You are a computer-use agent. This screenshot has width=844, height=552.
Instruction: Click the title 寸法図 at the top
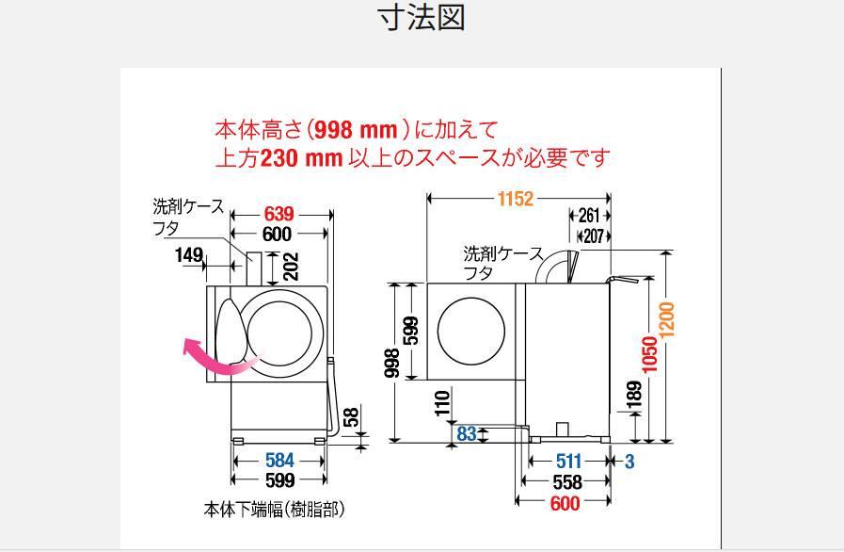[422, 17]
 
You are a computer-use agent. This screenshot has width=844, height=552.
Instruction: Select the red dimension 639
[279, 214]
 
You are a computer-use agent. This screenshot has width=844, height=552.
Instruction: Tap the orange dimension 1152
[515, 199]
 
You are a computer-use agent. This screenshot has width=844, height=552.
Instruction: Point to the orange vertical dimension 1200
[666, 320]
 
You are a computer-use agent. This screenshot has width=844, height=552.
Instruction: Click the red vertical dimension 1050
[650, 354]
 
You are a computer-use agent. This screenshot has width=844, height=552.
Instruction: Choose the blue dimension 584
[279, 461]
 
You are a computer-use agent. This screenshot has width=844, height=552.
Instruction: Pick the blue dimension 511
[569, 462]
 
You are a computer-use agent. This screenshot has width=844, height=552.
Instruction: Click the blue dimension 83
[467, 433]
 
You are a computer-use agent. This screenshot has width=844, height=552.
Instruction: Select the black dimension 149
[189, 254]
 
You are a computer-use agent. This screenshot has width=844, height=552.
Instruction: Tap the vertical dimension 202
[291, 267]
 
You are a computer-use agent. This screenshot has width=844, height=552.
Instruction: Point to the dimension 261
[589, 216]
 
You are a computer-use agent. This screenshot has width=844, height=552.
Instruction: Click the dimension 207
[594, 236]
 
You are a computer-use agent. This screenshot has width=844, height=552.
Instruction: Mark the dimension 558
[567, 482]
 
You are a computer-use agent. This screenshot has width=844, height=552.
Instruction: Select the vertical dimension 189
[634, 395]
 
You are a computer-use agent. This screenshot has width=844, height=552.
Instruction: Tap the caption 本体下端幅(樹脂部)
[274, 510]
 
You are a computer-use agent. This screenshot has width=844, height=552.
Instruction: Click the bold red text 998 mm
[356, 129]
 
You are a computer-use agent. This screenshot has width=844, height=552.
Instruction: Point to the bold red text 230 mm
[301, 158]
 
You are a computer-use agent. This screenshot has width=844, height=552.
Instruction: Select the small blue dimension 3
[629, 462]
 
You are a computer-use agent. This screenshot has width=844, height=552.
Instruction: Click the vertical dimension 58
[350, 417]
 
